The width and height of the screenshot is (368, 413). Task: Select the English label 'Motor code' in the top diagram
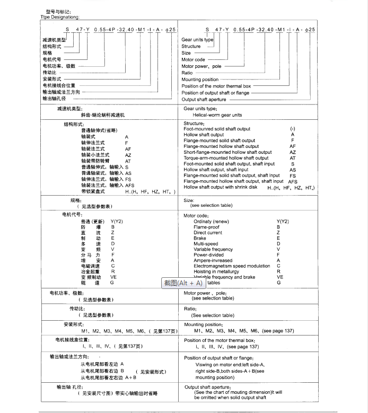[194, 59]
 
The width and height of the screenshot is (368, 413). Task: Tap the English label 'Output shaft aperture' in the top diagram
[204, 99]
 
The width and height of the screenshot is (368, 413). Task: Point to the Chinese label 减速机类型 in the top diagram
[55, 40]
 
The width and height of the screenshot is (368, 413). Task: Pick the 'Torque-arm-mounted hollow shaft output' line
[226, 158]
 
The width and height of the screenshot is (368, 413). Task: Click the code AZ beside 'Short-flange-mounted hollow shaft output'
[293, 152]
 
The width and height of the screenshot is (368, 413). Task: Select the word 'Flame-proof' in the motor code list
[206, 227]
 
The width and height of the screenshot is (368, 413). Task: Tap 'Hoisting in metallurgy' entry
[216, 271]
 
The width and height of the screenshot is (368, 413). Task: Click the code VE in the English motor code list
[280, 277]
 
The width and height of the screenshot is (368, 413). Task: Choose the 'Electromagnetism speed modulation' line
[232, 266]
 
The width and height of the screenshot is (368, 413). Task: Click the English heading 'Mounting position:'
[204, 324]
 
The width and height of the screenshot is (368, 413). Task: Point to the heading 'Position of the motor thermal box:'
[220, 340]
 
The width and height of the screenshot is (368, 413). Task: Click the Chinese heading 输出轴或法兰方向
[69, 356]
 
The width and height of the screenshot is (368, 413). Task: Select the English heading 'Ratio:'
[190, 308]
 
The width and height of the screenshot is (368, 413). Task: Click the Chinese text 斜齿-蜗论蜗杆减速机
[103, 115]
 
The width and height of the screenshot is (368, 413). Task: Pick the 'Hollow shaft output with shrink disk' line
[220, 187]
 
